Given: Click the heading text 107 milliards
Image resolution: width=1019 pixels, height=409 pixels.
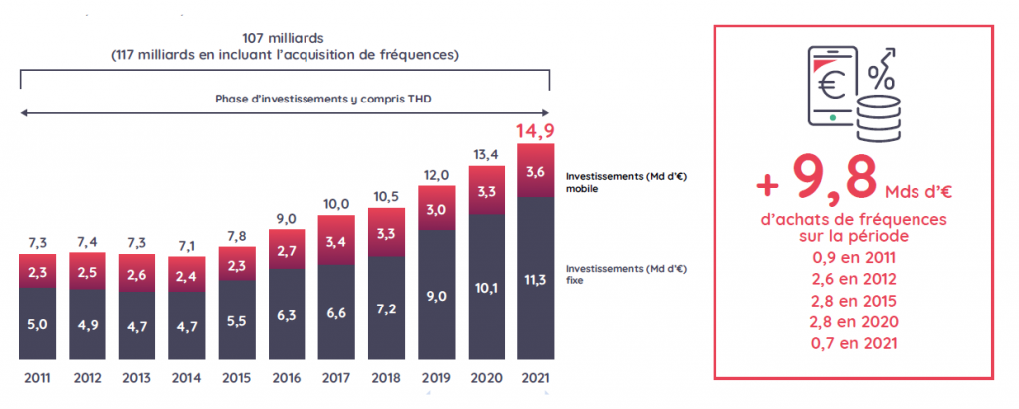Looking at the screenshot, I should pos(285,39).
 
